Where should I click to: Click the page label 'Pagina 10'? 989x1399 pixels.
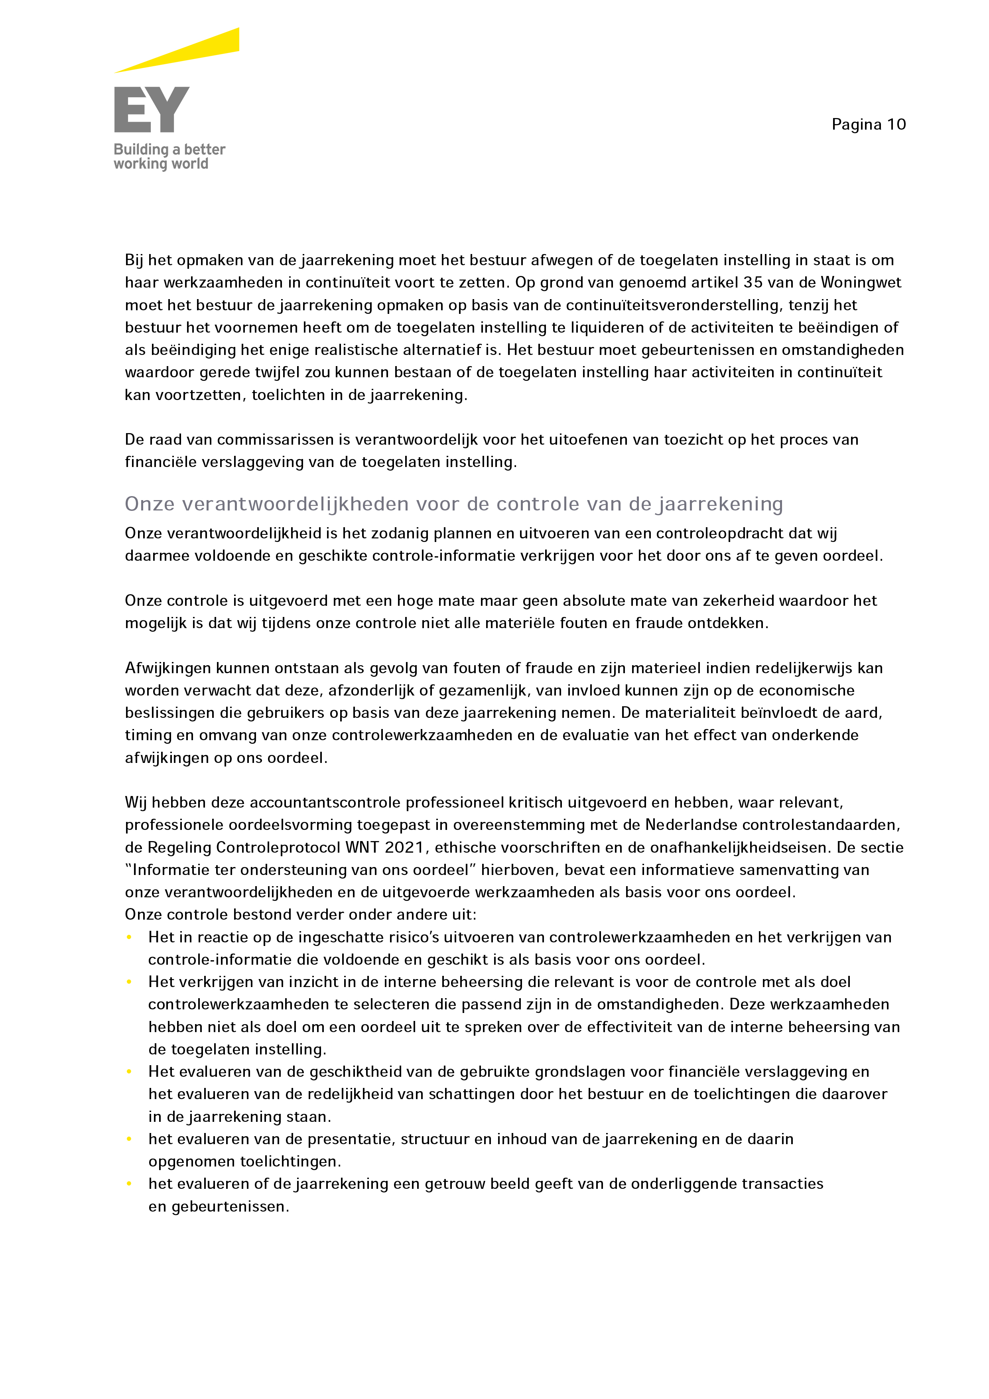868,124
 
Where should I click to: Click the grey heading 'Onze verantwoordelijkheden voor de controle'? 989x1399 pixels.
453,504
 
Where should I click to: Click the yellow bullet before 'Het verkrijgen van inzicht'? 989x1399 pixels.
129,982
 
